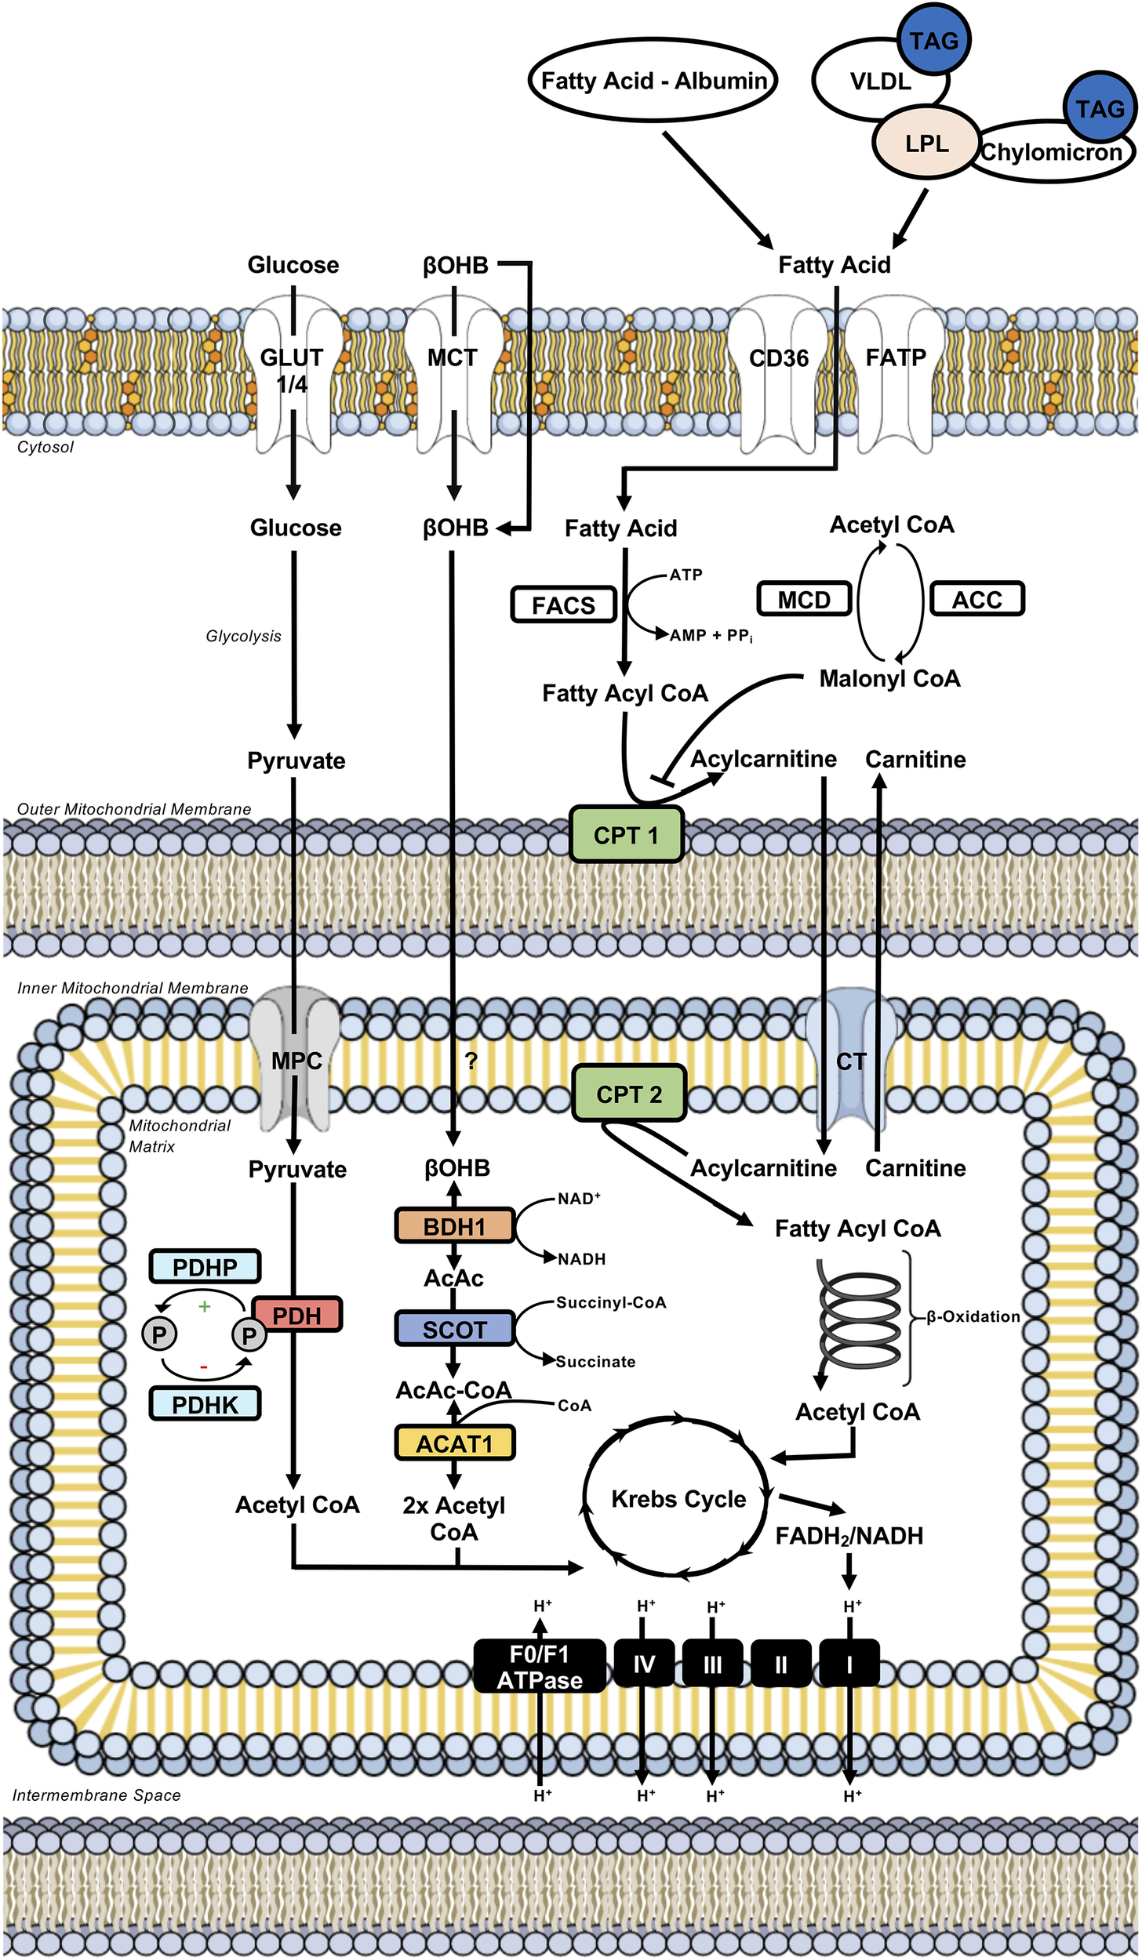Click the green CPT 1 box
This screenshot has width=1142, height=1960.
(626, 835)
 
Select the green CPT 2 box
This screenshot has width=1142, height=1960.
(629, 1094)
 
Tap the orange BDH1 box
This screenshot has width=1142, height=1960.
(454, 1226)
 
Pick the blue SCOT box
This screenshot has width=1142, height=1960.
(454, 1330)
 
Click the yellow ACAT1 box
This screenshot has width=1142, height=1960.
(454, 1443)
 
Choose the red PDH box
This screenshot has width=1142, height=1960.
(297, 1316)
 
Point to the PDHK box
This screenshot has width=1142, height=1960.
(205, 1404)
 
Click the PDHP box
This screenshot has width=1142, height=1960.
(205, 1267)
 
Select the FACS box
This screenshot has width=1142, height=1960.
(563, 605)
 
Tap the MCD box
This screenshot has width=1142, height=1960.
(804, 600)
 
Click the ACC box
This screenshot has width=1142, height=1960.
(977, 600)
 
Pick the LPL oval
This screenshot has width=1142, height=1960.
(926, 143)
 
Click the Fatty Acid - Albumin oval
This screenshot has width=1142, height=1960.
(653, 81)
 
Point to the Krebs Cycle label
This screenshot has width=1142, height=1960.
(678, 1499)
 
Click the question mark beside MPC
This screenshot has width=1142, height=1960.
(471, 1061)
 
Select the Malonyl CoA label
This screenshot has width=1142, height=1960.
(889, 678)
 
